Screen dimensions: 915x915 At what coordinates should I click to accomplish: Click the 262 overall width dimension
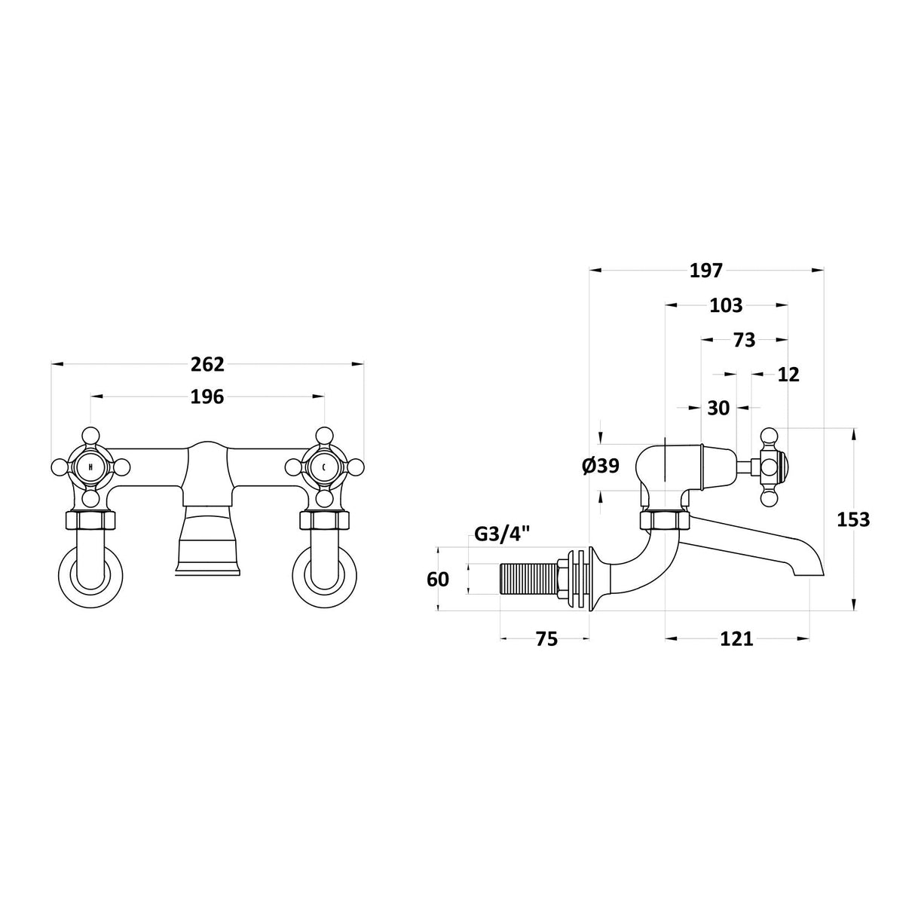pos(207,364)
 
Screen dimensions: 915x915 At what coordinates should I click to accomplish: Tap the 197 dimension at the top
pos(706,271)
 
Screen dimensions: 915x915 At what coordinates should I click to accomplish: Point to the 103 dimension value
pos(726,306)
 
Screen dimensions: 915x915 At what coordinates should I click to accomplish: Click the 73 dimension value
pos(744,340)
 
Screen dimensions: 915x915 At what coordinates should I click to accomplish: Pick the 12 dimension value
pos(788,375)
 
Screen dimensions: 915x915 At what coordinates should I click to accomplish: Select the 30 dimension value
pos(718,408)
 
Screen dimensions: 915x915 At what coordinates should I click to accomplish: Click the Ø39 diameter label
pos(601,467)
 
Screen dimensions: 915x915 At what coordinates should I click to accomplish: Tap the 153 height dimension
pos(852,520)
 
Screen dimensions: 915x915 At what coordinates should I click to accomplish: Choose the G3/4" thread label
pos(501,535)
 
